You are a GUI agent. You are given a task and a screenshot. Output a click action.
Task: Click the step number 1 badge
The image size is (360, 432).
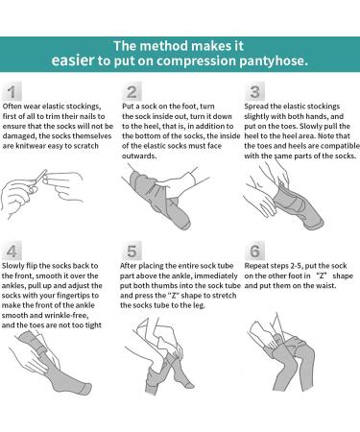[12, 92]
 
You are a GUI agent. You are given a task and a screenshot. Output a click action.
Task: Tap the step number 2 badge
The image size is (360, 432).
[132, 92]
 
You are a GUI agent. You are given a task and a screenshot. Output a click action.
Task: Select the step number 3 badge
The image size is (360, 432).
[254, 92]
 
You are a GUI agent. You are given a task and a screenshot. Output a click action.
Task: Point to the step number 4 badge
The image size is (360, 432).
[12, 252]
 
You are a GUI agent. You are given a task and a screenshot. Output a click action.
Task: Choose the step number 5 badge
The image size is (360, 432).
[132, 252]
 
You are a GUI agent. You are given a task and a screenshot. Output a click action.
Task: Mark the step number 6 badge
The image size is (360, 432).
[254, 252]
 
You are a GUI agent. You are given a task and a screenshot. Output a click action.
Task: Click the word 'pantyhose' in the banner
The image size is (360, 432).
[274, 60]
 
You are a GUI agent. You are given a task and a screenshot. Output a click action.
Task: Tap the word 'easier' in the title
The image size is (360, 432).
[73, 60]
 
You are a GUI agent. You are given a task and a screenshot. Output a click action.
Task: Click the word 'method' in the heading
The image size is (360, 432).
[164, 46]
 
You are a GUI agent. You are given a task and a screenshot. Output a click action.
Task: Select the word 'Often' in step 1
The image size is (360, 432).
[12, 107]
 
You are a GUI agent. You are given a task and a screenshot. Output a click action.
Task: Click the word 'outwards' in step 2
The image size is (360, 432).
[139, 156]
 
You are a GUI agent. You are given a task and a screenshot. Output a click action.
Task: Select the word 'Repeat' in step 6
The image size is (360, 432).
[256, 266]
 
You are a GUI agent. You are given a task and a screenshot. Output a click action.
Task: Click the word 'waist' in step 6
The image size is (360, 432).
[326, 285]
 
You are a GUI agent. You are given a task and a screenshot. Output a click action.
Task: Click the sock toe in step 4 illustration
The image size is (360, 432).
[84, 388]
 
